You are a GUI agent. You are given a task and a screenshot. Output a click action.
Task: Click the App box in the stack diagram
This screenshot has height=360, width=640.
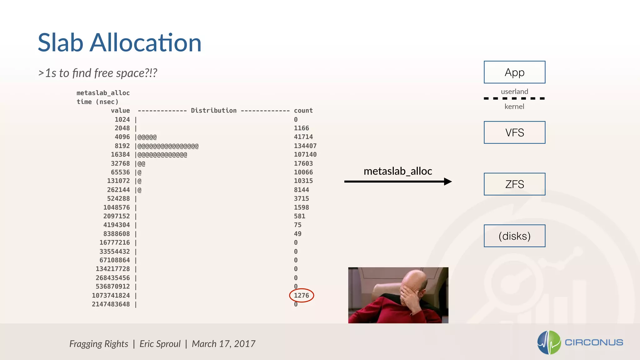coord(514,72)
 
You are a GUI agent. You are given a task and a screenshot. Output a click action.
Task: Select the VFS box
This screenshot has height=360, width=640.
coord(514,132)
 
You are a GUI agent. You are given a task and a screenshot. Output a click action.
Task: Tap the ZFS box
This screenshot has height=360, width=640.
coord(514,184)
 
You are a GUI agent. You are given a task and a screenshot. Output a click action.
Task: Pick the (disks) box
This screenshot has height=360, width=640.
coord(514,236)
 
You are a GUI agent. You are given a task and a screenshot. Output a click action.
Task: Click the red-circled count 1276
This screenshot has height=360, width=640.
coord(301,295)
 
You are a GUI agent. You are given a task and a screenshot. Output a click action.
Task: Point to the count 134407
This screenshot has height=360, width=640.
coord(305,146)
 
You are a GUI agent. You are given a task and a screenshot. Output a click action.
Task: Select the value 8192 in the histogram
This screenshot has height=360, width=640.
coord(122,146)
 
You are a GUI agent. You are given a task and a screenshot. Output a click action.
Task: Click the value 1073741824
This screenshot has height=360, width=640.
coord(111,295)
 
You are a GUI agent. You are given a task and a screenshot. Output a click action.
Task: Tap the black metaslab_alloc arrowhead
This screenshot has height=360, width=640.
coord(448,182)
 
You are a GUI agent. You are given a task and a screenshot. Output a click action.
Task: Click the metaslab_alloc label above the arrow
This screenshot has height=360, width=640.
coord(398,171)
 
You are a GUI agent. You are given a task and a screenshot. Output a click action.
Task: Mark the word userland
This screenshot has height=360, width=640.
coord(514,92)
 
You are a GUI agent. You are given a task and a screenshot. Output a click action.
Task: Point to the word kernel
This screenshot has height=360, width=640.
coord(514,107)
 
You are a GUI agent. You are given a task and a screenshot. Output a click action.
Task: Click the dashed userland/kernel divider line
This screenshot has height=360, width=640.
coord(514,98)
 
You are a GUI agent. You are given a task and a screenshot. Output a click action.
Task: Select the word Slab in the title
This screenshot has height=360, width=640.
coord(61,43)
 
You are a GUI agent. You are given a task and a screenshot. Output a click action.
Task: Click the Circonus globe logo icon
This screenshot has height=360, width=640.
coord(549,342)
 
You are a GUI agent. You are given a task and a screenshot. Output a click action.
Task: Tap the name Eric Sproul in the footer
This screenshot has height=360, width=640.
coord(160,344)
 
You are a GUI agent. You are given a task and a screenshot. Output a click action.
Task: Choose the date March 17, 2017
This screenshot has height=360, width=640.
coord(223,344)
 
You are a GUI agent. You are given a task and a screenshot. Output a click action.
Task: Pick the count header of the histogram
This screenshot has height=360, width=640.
coord(303,111)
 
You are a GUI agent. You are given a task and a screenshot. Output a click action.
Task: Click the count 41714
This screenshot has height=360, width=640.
coord(303,137)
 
